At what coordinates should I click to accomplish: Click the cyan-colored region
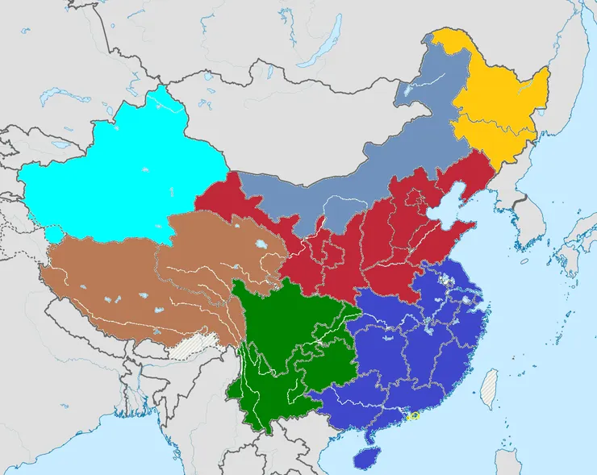point(121,173)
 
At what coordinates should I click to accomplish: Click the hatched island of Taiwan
point(490,389)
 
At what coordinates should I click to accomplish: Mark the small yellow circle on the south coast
point(414,416)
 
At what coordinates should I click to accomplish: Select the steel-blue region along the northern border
point(355,177)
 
